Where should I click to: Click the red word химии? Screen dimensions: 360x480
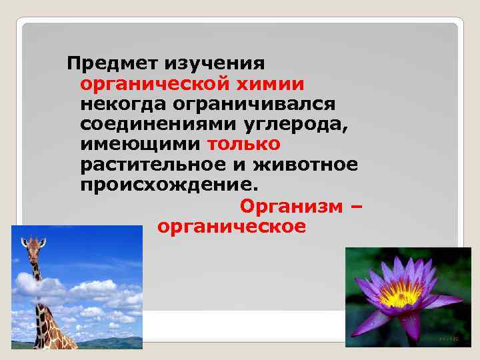point(271,85)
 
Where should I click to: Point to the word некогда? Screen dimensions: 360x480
point(122,105)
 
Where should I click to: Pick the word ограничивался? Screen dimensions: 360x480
point(254,105)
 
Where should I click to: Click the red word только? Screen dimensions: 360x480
point(244,145)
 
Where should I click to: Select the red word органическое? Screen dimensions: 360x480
point(232,226)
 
